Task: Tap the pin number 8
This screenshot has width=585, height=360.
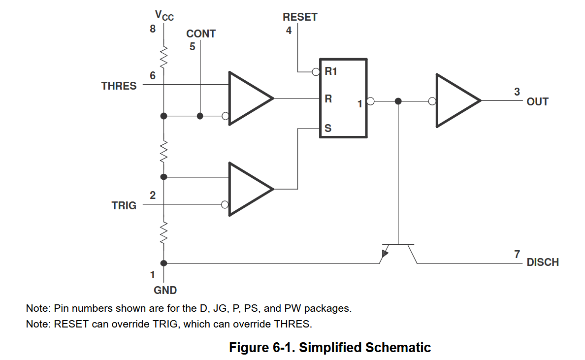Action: (153, 29)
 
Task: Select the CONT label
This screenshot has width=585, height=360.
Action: (201, 34)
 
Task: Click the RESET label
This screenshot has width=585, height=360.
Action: (300, 17)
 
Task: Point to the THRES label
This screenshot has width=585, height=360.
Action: (119, 86)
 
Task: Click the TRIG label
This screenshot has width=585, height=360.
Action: (124, 205)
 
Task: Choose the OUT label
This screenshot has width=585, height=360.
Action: (537, 102)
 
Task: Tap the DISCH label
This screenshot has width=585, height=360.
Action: (543, 262)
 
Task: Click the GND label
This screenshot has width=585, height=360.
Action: (165, 290)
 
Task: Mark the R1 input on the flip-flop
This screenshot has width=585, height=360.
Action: (330, 72)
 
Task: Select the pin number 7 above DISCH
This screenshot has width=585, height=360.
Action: (517, 254)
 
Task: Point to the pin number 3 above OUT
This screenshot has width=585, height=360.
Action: (517, 92)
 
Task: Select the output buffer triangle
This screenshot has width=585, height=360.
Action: (455, 101)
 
